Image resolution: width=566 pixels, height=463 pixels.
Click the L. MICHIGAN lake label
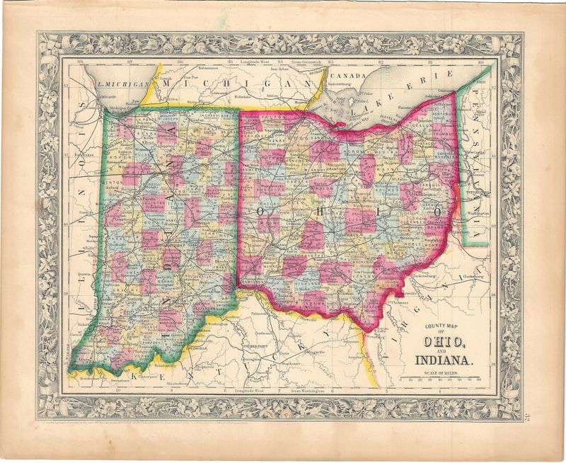click(x=125, y=83)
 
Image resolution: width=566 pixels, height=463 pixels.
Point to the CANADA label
click(x=346, y=76)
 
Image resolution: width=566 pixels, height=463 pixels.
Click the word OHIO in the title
click(x=444, y=343)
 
